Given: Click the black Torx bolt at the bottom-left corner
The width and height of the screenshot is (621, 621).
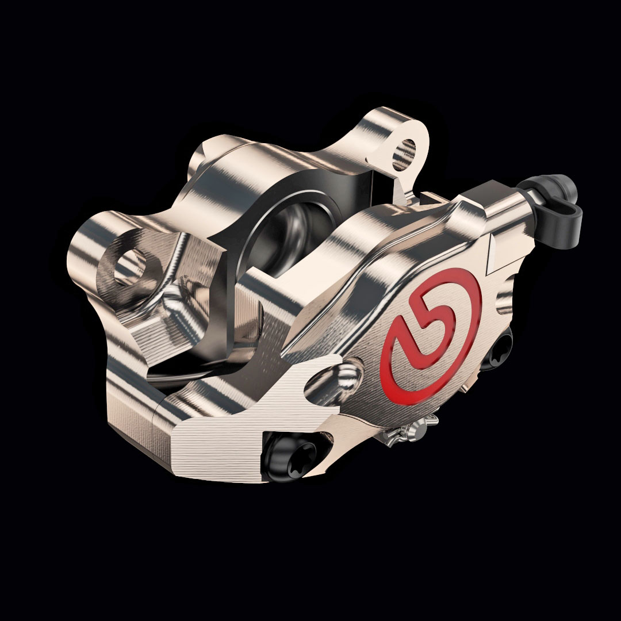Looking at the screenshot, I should click(x=289, y=457).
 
